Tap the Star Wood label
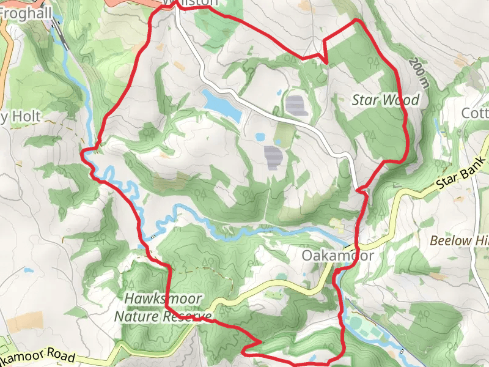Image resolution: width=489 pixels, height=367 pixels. pyautogui.click(x=386, y=100)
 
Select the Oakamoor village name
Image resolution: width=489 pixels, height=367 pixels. pyautogui.click(x=337, y=255)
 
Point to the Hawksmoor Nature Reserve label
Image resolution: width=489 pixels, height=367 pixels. pyautogui.click(x=162, y=308)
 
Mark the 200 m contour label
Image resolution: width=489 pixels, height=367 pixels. pyautogui.click(x=418, y=72)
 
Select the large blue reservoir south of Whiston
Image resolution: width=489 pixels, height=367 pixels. pyautogui.click(x=222, y=105)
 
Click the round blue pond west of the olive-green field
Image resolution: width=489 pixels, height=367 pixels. pyautogui.click(x=260, y=137)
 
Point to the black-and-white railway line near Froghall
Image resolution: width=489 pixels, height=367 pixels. pyautogui.click(x=61, y=32)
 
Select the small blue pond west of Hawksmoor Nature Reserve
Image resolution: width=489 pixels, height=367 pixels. pyautogui.click(x=28, y=269)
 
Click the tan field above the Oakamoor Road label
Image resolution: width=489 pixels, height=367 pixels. pyautogui.click(x=24, y=322)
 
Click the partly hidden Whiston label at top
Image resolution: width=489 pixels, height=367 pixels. pyautogui.click(x=191, y=3)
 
